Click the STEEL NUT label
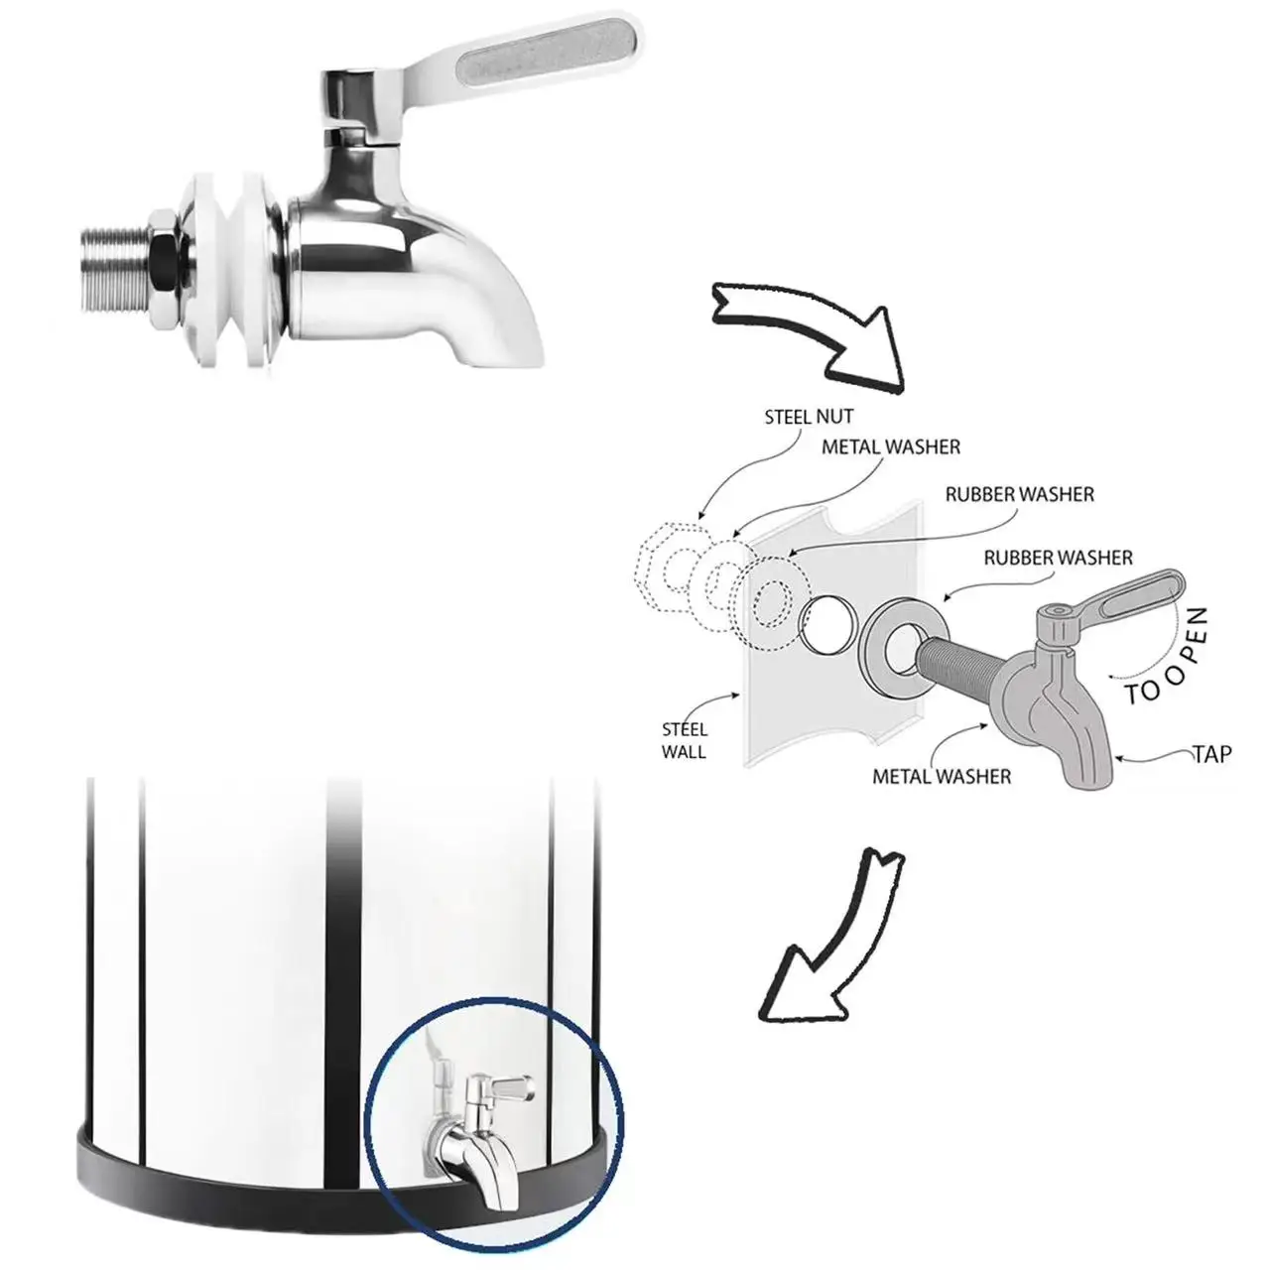click(x=809, y=418)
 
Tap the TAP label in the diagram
click(x=1211, y=754)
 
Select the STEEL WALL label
click(x=684, y=741)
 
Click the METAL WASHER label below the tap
click(x=942, y=777)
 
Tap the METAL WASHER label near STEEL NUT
click(x=891, y=447)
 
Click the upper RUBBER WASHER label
click(x=1019, y=494)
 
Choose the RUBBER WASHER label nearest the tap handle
click(x=1058, y=559)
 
